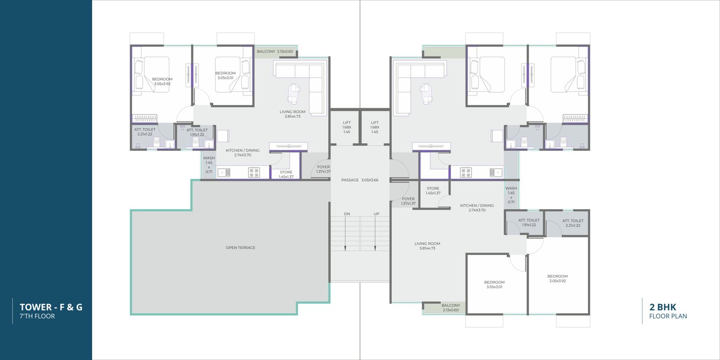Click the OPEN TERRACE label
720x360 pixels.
240,248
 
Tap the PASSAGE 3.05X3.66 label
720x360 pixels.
359,180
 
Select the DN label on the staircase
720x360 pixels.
347,214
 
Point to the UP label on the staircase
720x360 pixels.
376,214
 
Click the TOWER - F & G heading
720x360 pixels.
51,307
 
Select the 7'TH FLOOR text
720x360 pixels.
37,317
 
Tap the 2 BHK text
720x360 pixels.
662,307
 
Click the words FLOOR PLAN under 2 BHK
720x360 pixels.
668,317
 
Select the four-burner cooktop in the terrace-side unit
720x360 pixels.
253,172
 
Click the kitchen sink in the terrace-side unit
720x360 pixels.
224,172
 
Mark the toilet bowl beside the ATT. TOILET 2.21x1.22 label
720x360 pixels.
156,142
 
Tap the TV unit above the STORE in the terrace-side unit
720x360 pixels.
288,146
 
